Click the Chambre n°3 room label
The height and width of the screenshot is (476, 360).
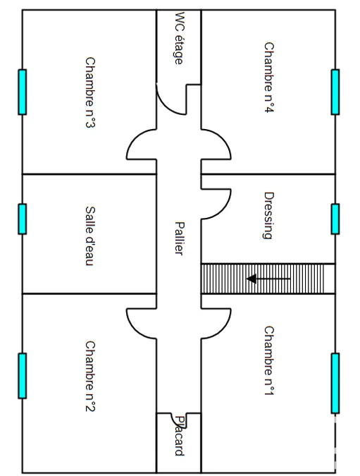[x=90, y=92]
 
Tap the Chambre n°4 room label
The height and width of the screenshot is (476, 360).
[x=269, y=78]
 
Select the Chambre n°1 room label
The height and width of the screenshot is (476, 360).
[x=269, y=360]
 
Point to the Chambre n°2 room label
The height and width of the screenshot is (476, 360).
[x=90, y=377]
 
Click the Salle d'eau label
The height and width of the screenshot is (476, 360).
[x=90, y=236]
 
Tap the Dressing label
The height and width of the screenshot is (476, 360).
[x=269, y=216]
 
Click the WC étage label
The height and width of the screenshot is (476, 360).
[x=179, y=38]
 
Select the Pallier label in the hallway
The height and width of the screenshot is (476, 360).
[x=179, y=238]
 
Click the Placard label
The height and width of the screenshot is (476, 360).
[x=180, y=436]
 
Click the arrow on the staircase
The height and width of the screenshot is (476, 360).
[x=268, y=279]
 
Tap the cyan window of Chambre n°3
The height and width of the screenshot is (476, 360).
[x=22, y=92]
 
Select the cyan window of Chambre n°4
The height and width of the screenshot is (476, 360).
[x=335, y=92]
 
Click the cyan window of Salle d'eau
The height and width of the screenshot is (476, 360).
[x=22, y=219]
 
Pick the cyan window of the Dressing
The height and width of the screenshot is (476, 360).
[x=335, y=219]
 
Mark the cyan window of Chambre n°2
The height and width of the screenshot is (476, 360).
[x=22, y=376]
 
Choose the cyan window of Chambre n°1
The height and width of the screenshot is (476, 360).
[x=335, y=383]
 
